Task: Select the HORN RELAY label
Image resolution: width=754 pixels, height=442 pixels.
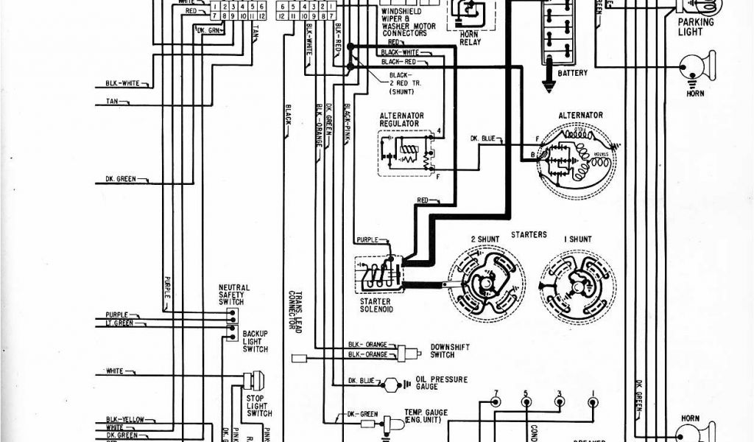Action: pos(470,38)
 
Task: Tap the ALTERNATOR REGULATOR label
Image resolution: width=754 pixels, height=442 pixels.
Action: pos(400,119)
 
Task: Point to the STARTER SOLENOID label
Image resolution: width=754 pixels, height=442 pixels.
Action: pos(377,306)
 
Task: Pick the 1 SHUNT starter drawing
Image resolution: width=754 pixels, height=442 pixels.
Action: pos(578,281)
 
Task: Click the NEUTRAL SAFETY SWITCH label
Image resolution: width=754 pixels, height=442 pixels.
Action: pos(234,294)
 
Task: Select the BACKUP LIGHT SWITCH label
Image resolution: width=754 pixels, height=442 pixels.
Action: pos(256,341)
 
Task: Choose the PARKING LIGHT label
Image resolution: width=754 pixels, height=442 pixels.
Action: pos(696,27)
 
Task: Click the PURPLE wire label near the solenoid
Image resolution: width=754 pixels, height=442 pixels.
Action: pos(367,239)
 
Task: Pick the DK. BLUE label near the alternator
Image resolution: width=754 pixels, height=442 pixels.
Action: pos(483,138)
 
